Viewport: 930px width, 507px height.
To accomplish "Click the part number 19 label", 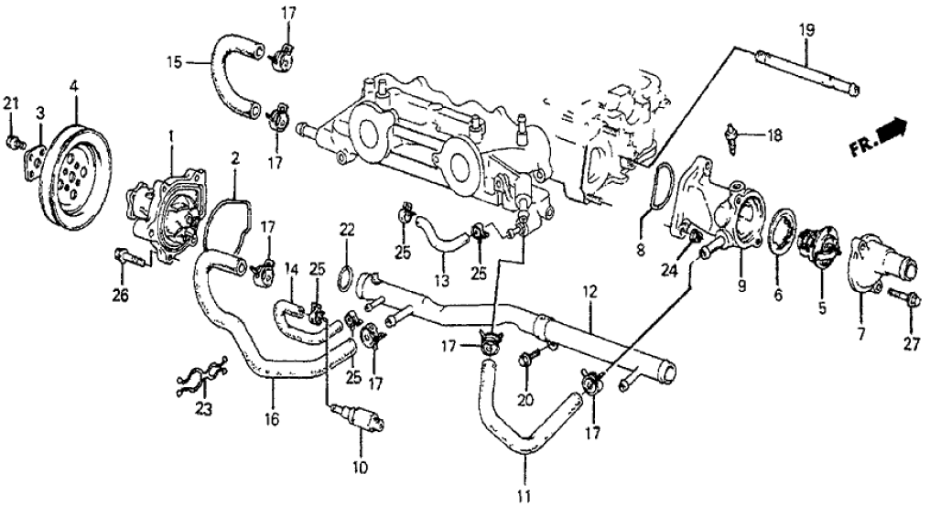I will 806,30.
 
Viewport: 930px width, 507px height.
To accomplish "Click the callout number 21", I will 10,102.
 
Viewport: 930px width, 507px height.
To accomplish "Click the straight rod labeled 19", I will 806,72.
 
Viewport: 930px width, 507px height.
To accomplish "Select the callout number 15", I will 175,62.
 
